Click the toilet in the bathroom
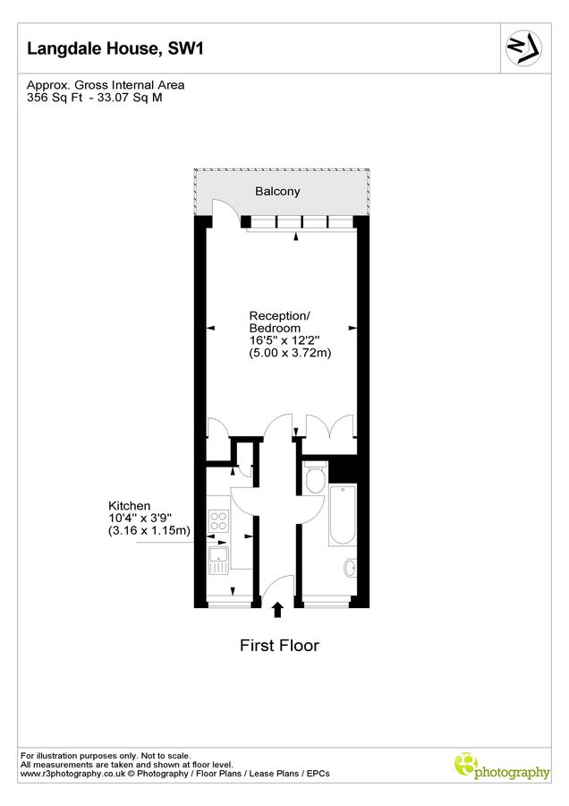[314, 480]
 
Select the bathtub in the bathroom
[343, 517]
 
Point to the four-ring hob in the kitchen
[217, 519]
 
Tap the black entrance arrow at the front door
[277, 610]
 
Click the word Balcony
[277, 192]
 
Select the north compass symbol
[523, 47]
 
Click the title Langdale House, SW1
[115, 48]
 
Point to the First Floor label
[279, 645]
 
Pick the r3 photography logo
[502, 767]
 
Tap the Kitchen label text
[130, 506]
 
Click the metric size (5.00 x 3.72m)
[290, 354]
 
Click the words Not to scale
[165, 756]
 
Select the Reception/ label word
[280, 316]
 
